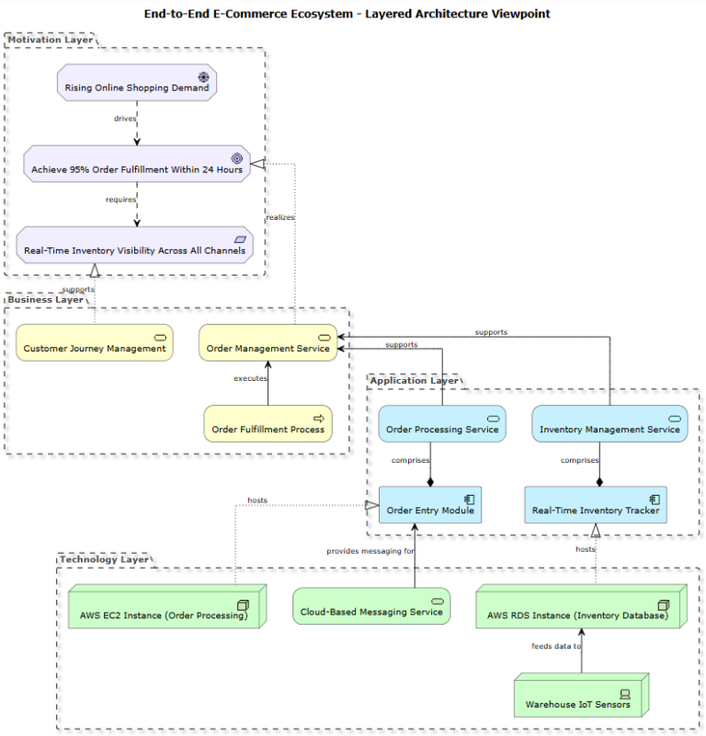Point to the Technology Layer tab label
coord(103,558)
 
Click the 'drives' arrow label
coord(125,119)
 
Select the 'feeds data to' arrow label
coord(556,646)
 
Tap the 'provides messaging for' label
coord(370,551)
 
